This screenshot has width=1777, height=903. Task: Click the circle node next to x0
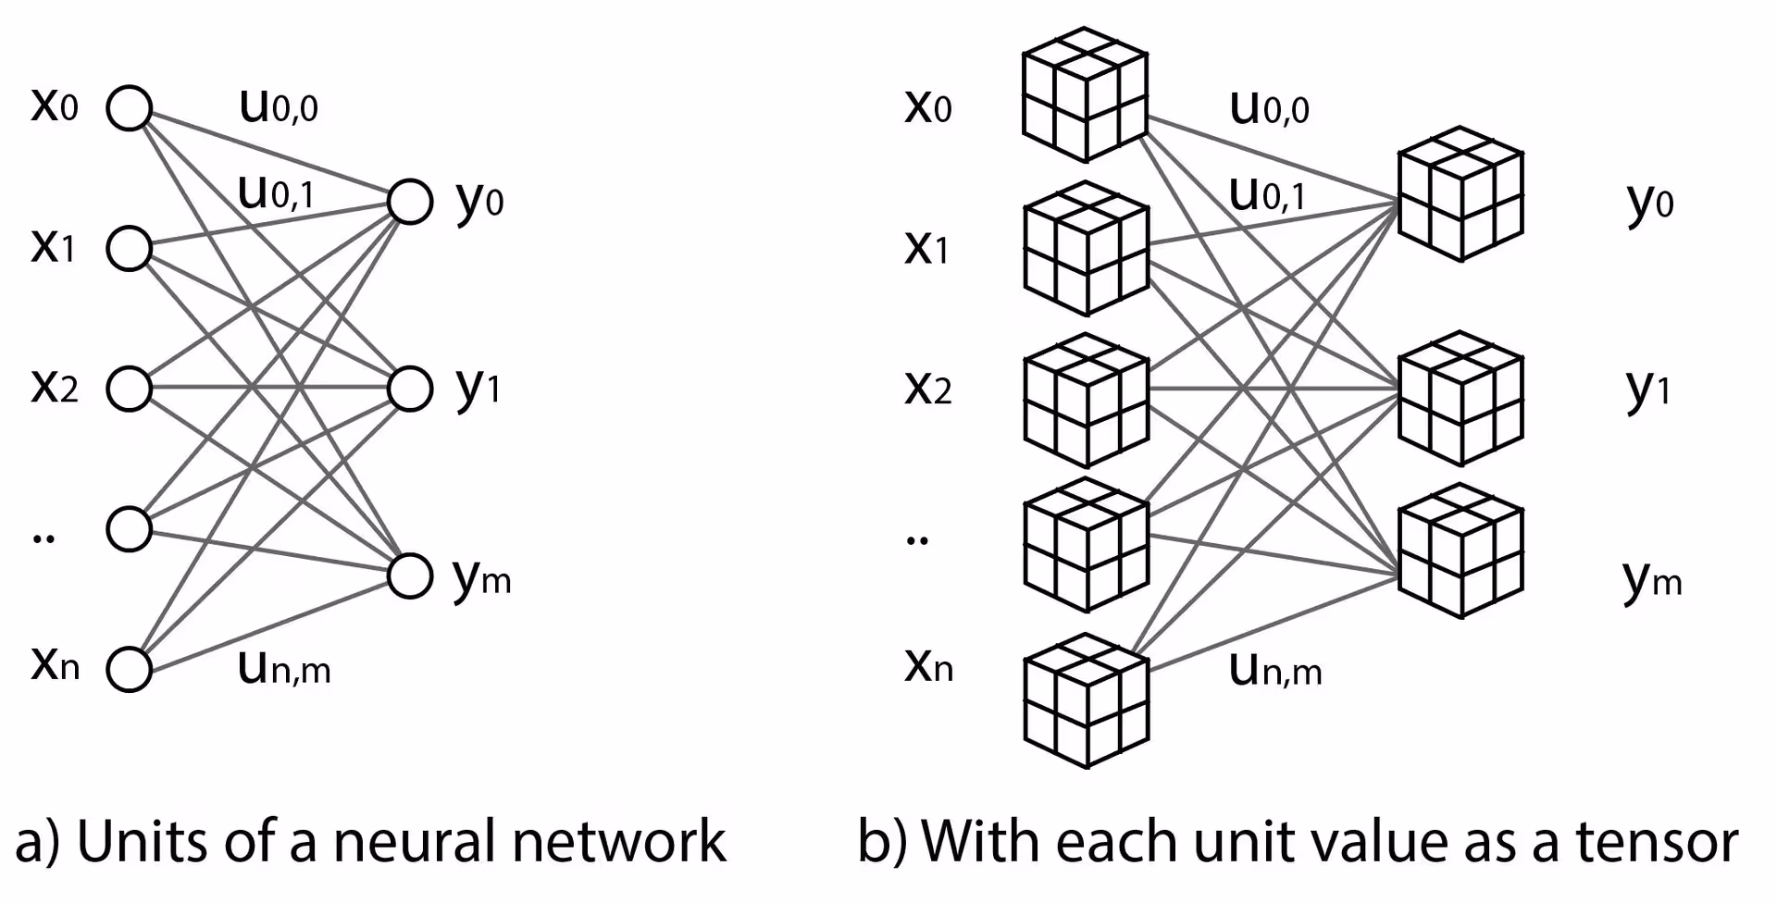coord(130,108)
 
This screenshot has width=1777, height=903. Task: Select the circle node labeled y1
coord(409,389)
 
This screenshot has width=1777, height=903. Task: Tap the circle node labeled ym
coord(409,575)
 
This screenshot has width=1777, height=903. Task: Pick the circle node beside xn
coord(130,669)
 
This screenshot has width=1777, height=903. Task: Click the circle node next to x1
coord(130,248)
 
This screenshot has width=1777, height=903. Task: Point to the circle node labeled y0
coord(409,202)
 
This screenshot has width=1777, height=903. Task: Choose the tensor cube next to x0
coord(1085,95)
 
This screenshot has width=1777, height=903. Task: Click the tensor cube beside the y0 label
coord(1460,194)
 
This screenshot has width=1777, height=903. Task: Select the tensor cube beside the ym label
coord(1460,551)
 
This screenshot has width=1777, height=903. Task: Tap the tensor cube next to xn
coord(1086,701)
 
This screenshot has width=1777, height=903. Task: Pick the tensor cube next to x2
coord(1086,401)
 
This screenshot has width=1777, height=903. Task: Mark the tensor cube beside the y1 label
coord(1460,399)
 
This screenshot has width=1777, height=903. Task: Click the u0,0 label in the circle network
coord(279,106)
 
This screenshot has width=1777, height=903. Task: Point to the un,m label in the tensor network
coord(1275,669)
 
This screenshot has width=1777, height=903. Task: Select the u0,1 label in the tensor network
coord(1267,194)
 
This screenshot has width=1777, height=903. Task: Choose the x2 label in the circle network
coord(55,387)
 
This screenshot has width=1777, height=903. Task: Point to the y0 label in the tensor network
coord(1650,202)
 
